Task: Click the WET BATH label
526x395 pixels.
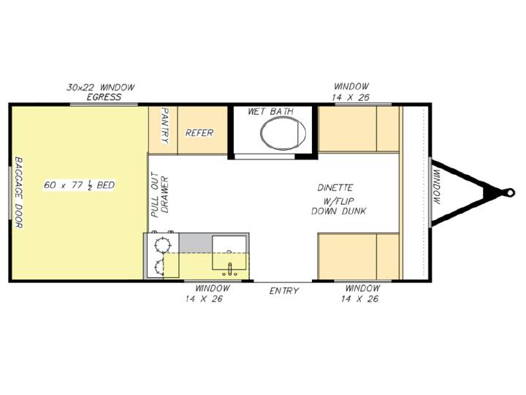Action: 270,111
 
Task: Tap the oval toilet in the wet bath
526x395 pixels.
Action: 283,133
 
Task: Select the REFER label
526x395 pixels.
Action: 199,133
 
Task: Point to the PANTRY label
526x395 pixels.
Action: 165,126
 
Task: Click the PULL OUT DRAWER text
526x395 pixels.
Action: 160,195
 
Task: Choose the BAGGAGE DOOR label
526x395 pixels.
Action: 19,192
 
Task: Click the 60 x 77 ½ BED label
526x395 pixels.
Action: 79,185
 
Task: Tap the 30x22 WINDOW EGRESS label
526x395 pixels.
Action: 101,92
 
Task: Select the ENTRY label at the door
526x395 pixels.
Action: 283,290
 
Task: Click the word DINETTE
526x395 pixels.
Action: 335,187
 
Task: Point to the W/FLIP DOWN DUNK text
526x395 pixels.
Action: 339,206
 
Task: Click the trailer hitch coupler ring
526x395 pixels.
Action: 510,192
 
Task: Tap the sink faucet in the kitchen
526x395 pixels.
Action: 230,268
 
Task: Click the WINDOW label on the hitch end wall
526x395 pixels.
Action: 437,187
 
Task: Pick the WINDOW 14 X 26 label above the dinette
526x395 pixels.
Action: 351,91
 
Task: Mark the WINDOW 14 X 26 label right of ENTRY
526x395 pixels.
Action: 361,293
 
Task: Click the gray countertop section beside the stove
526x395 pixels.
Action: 195,243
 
